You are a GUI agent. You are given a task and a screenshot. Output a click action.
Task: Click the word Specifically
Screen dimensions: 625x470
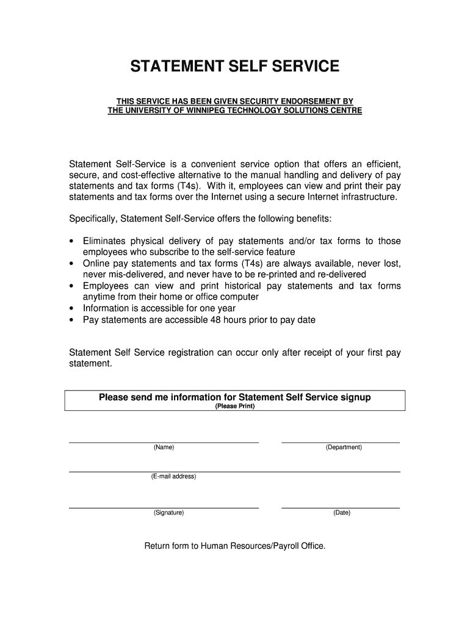point(93,219)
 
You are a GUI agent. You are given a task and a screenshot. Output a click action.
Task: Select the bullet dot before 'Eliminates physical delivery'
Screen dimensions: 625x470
point(72,242)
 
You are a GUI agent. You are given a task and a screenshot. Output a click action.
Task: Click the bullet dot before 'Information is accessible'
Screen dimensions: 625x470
point(72,308)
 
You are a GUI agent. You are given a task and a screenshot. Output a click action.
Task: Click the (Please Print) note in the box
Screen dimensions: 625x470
point(235,406)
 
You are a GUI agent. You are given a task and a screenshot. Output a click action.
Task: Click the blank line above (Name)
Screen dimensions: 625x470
point(164,442)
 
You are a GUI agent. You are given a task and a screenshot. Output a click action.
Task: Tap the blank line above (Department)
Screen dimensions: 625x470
point(340,442)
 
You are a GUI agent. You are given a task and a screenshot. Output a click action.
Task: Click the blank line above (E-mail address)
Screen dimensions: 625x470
point(234,471)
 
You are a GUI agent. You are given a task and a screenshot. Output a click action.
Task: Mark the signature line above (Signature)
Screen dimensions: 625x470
point(164,507)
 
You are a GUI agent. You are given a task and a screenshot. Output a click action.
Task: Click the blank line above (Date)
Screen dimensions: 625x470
point(340,507)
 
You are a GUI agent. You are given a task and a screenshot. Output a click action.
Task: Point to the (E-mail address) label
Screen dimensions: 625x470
point(174,477)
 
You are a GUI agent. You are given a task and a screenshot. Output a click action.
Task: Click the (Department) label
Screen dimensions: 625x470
point(344,447)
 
